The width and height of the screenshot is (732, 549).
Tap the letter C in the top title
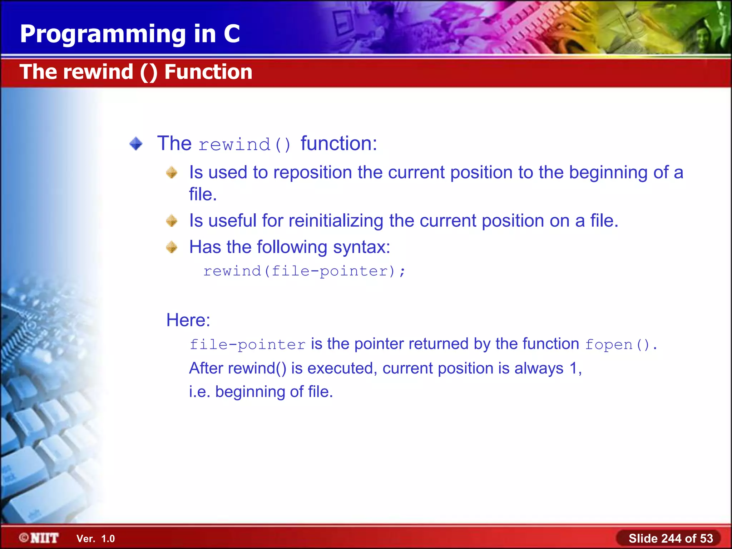[x=232, y=34]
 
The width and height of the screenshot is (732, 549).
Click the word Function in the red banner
[x=208, y=72]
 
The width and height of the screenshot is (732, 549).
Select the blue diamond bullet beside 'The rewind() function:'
[x=136, y=144]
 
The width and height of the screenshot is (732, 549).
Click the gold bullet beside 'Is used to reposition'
[x=172, y=173]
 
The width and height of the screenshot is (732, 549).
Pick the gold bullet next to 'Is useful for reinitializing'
[x=172, y=221]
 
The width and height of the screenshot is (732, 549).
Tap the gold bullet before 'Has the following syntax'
[x=172, y=247]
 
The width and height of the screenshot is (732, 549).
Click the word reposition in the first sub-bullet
[x=312, y=173]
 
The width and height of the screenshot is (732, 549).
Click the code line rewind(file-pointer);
[x=304, y=271]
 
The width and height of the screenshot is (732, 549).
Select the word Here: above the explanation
[x=188, y=320]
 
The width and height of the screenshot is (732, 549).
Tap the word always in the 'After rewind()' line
[x=539, y=369]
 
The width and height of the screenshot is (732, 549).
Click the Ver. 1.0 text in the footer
[x=95, y=539]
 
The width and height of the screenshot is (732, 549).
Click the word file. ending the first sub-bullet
[x=203, y=194]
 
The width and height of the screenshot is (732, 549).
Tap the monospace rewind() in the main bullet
[x=244, y=145]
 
